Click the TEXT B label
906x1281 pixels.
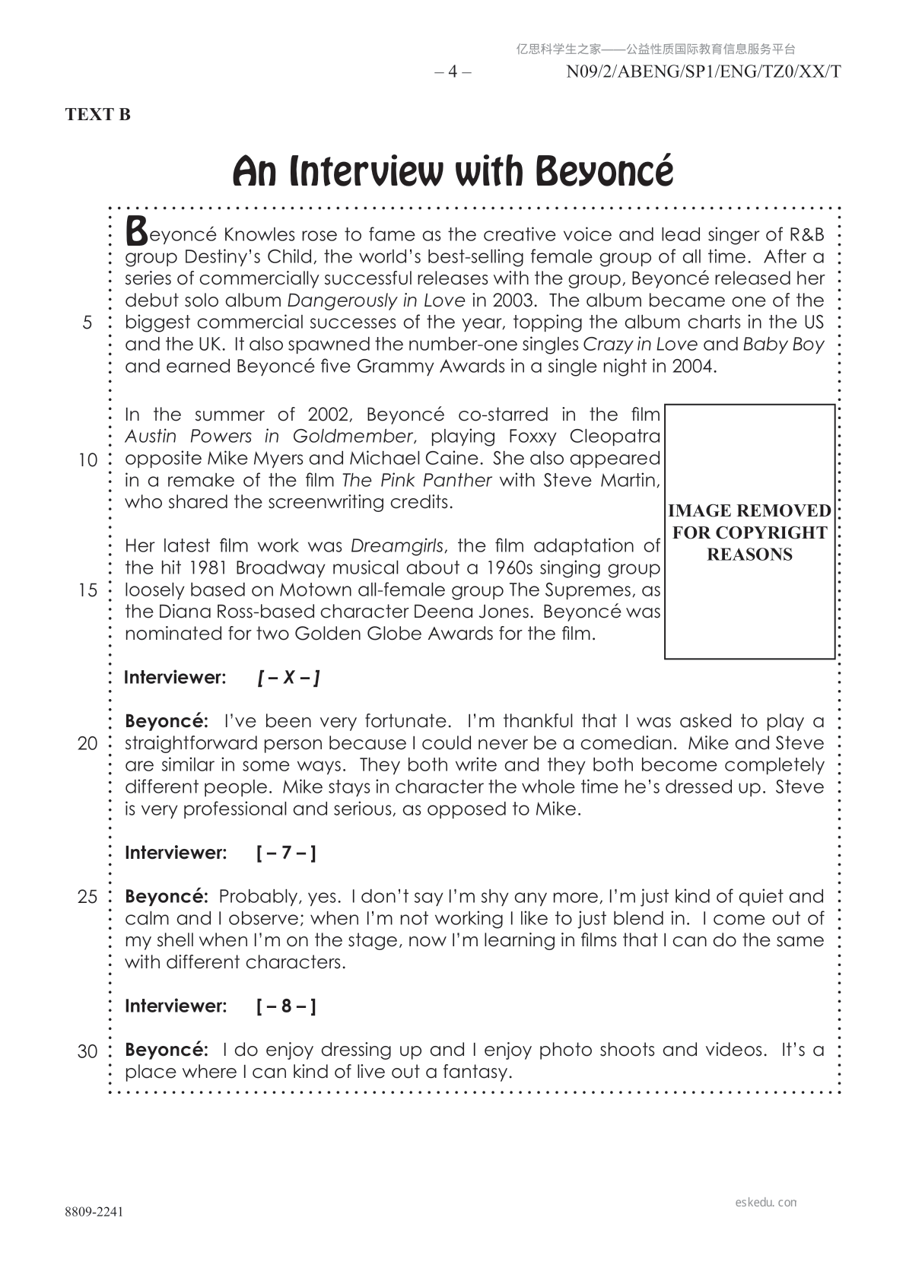coord(98,115)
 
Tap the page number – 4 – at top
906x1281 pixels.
coord(453,72)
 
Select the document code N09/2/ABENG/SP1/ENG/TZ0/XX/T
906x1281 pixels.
coord(704,72)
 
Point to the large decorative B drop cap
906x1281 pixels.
coord(135,229)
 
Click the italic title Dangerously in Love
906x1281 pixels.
coord(376,300)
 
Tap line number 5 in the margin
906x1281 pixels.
coord(87,323)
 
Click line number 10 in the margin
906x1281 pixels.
coord(87,459)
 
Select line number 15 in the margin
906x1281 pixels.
coord(87,590)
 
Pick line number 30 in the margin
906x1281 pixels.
coord(87,1051)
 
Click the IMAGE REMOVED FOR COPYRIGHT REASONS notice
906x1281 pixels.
coord(749,532)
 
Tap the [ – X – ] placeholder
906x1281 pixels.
coord(288,677)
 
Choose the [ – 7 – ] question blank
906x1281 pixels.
coord(286,853)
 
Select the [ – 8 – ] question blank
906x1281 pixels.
coord(286,1006)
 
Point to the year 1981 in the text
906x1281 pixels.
coord(209,568)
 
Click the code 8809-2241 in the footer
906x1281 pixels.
coord(94,1212)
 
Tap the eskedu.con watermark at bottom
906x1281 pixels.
coord(766,1202)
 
